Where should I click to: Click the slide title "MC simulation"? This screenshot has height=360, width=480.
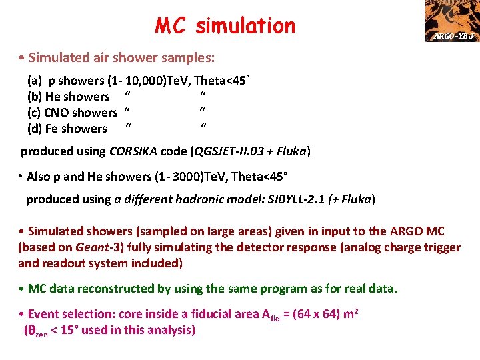click(225, 25)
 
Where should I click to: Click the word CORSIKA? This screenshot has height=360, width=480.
click(133, 151)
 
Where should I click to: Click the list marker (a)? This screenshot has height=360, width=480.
click(34, 81)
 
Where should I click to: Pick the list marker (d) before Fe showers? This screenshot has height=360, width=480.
click(35, 129)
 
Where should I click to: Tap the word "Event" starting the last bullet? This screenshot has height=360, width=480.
click(43, 314)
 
